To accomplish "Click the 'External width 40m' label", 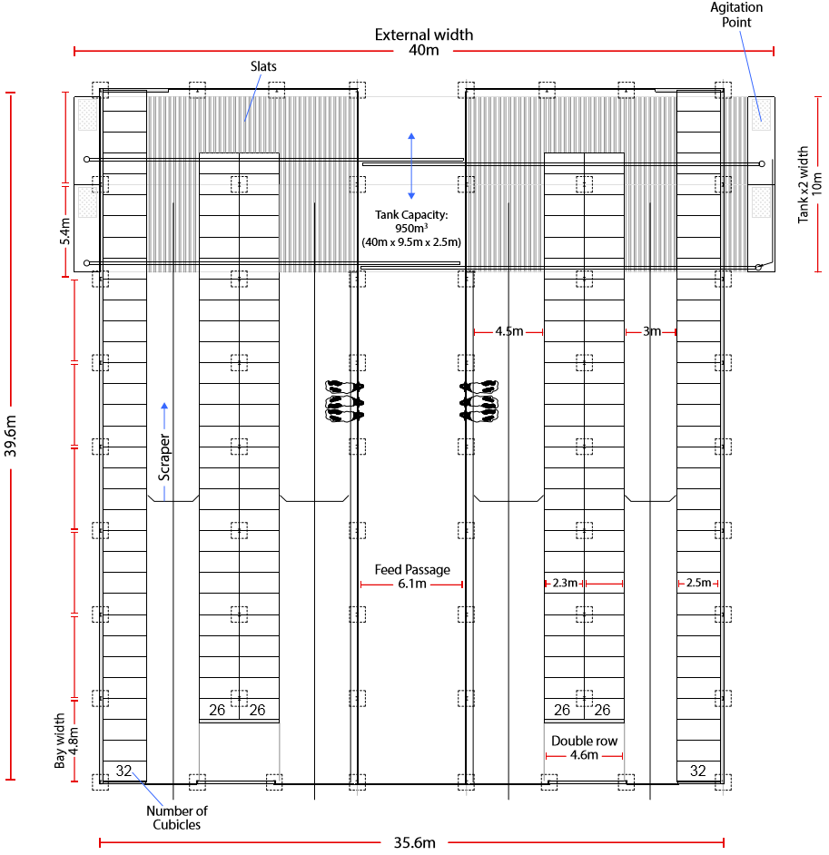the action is [x=424, y=42].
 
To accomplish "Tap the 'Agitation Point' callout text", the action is [x=736, y=15].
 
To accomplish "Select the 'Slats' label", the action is [x=263, y=66].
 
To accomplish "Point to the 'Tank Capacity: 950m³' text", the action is [x=411, y=221].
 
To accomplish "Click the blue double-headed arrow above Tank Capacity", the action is [x=411, y=166].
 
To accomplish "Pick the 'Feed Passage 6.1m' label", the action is [x=412, y=577].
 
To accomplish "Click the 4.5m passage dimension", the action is [x=508, y=331].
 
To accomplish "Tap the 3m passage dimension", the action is [x=652, y=331].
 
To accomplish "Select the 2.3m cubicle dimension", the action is [x=565, y=583].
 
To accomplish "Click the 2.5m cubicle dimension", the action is [x=698, y=583].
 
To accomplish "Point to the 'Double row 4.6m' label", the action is [x=584, y=748].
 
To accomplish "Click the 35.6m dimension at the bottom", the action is [x=414, y=843].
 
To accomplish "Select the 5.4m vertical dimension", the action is [x=64, y=231].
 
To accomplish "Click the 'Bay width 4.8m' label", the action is [x=66, y=741].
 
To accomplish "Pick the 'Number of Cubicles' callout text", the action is [x=177, y=818].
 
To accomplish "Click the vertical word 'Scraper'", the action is [x=164, y=457].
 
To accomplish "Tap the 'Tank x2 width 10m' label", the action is [x=809, y=184].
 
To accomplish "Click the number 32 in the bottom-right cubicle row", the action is [x=698, y=771].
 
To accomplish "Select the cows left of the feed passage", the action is [x=344, y=402].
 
